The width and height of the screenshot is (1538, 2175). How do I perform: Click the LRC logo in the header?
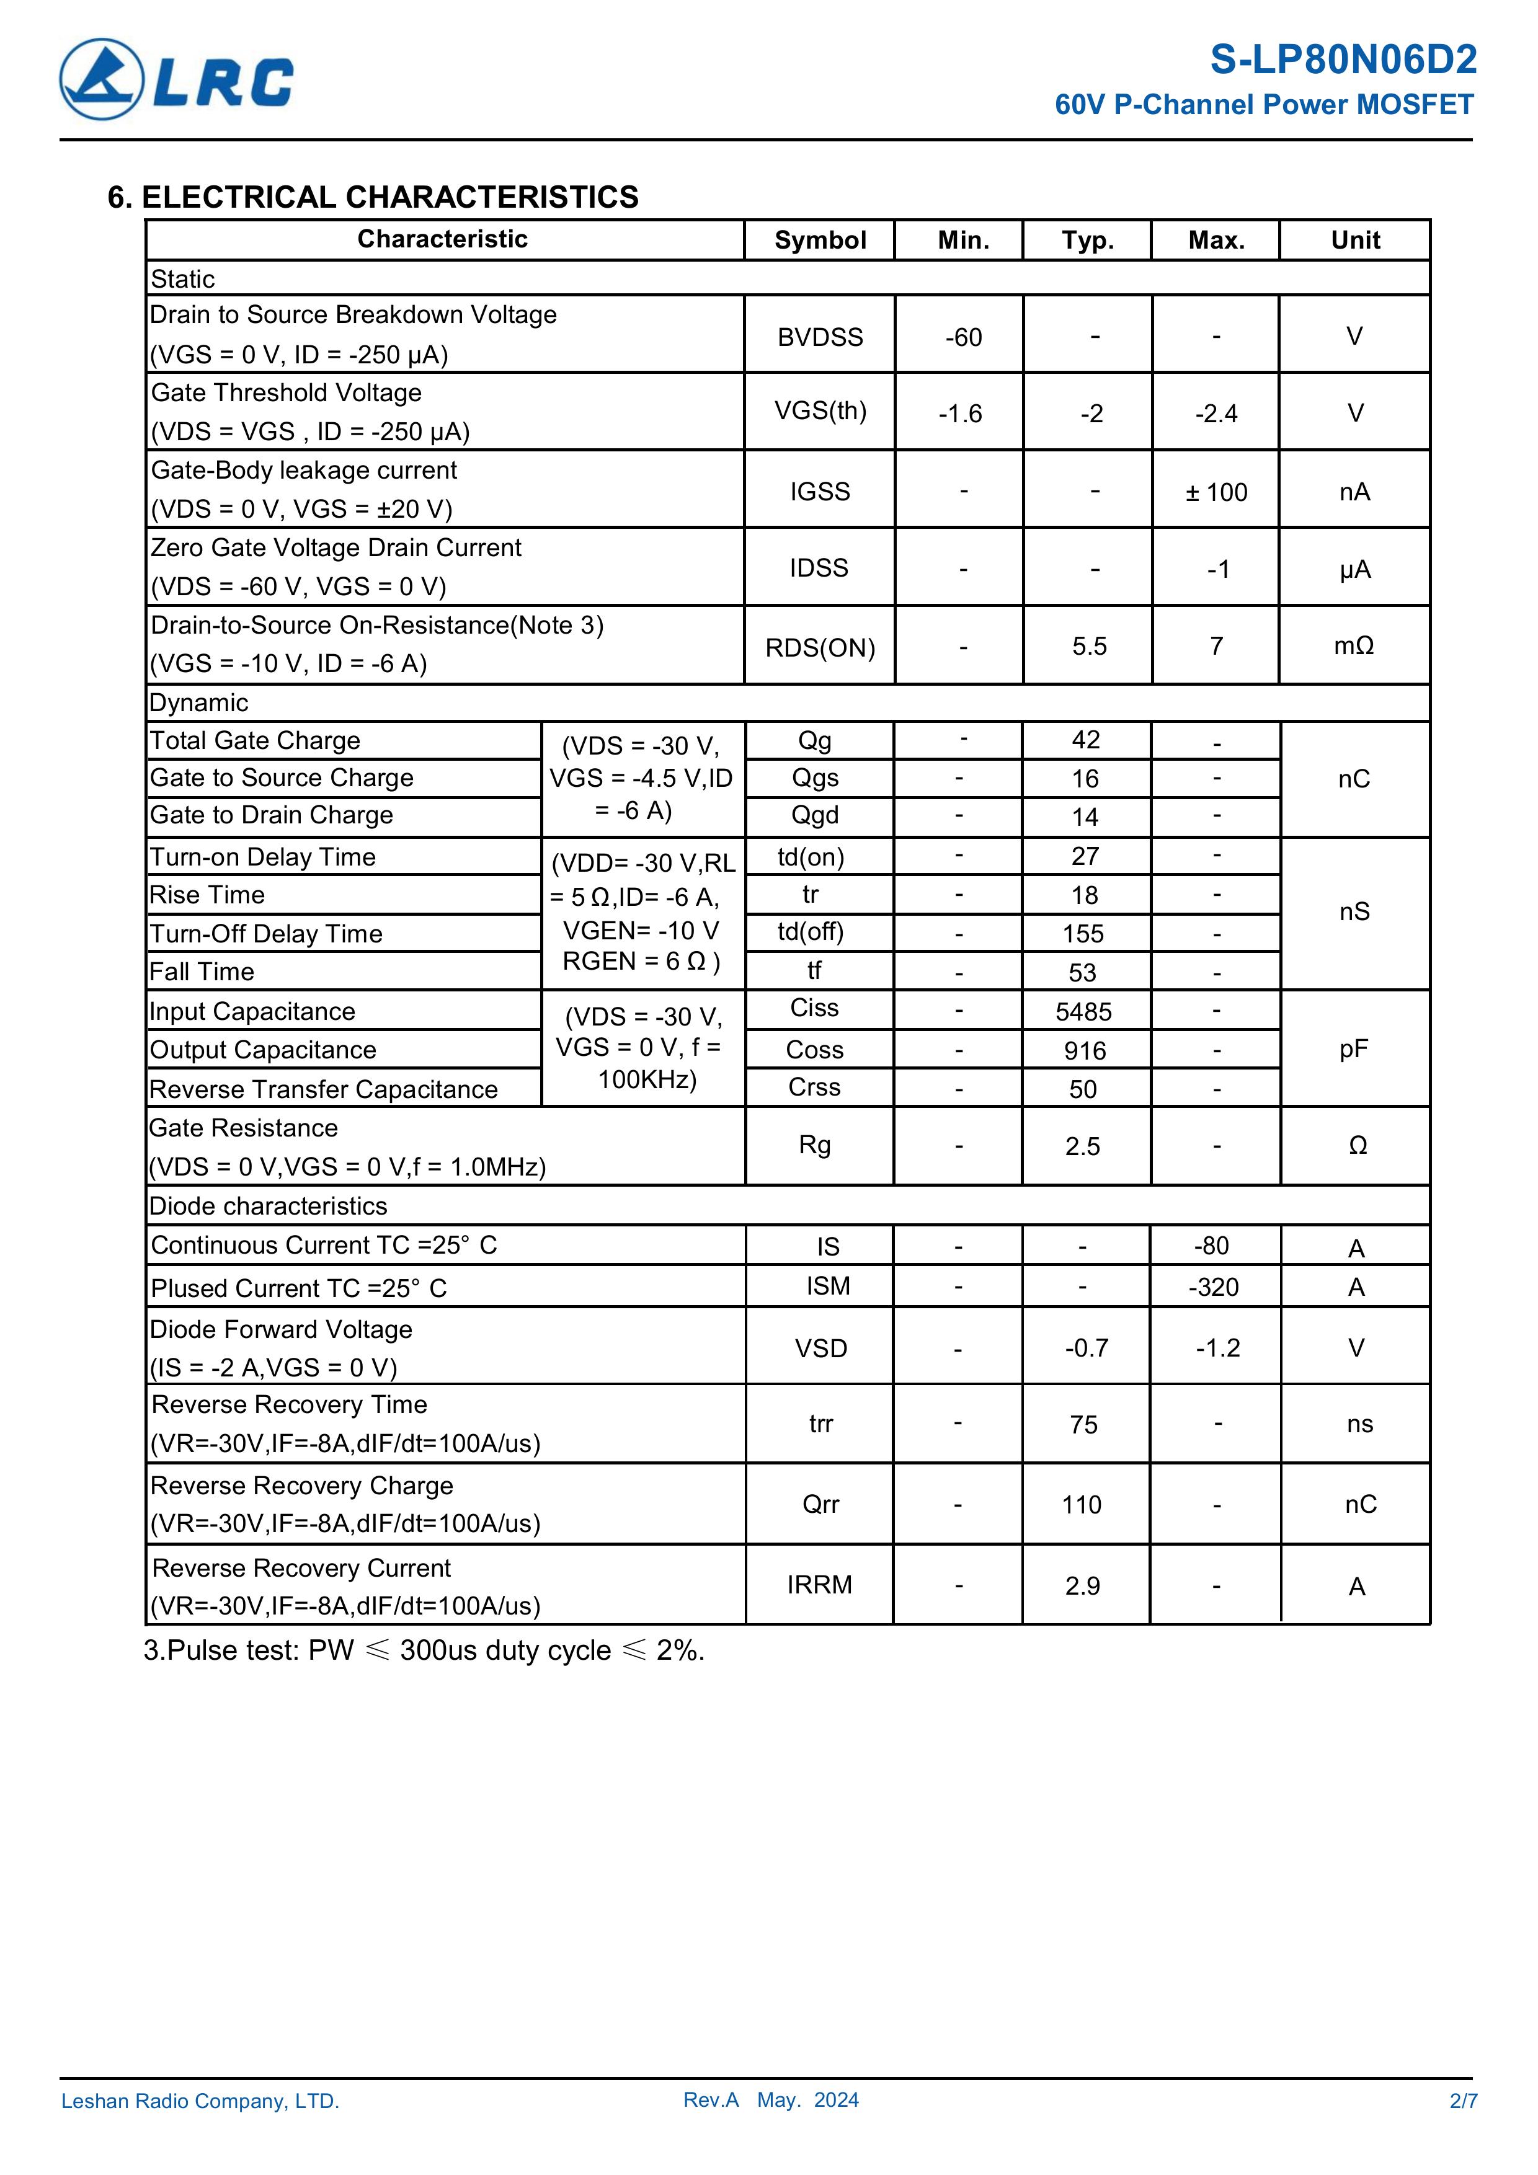176,79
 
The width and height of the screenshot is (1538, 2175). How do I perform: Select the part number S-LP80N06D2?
1343,61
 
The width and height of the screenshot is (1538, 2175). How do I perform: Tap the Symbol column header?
820,241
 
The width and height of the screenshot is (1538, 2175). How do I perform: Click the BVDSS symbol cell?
820,337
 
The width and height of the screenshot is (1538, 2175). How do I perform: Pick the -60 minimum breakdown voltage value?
962,337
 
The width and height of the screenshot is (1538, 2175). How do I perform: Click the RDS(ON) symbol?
820,648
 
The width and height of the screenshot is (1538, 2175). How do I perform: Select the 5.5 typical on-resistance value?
1089,646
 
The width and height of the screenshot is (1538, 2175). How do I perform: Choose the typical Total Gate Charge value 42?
1086,740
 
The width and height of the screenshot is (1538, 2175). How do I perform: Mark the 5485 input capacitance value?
1084,1012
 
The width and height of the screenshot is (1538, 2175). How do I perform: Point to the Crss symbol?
814,1087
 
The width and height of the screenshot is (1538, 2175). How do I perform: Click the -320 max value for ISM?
1213,1287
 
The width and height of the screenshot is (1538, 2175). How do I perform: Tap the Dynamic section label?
199,703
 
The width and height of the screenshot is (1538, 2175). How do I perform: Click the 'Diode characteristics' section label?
269,1206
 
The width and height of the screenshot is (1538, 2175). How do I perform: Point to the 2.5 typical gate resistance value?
1082,1147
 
